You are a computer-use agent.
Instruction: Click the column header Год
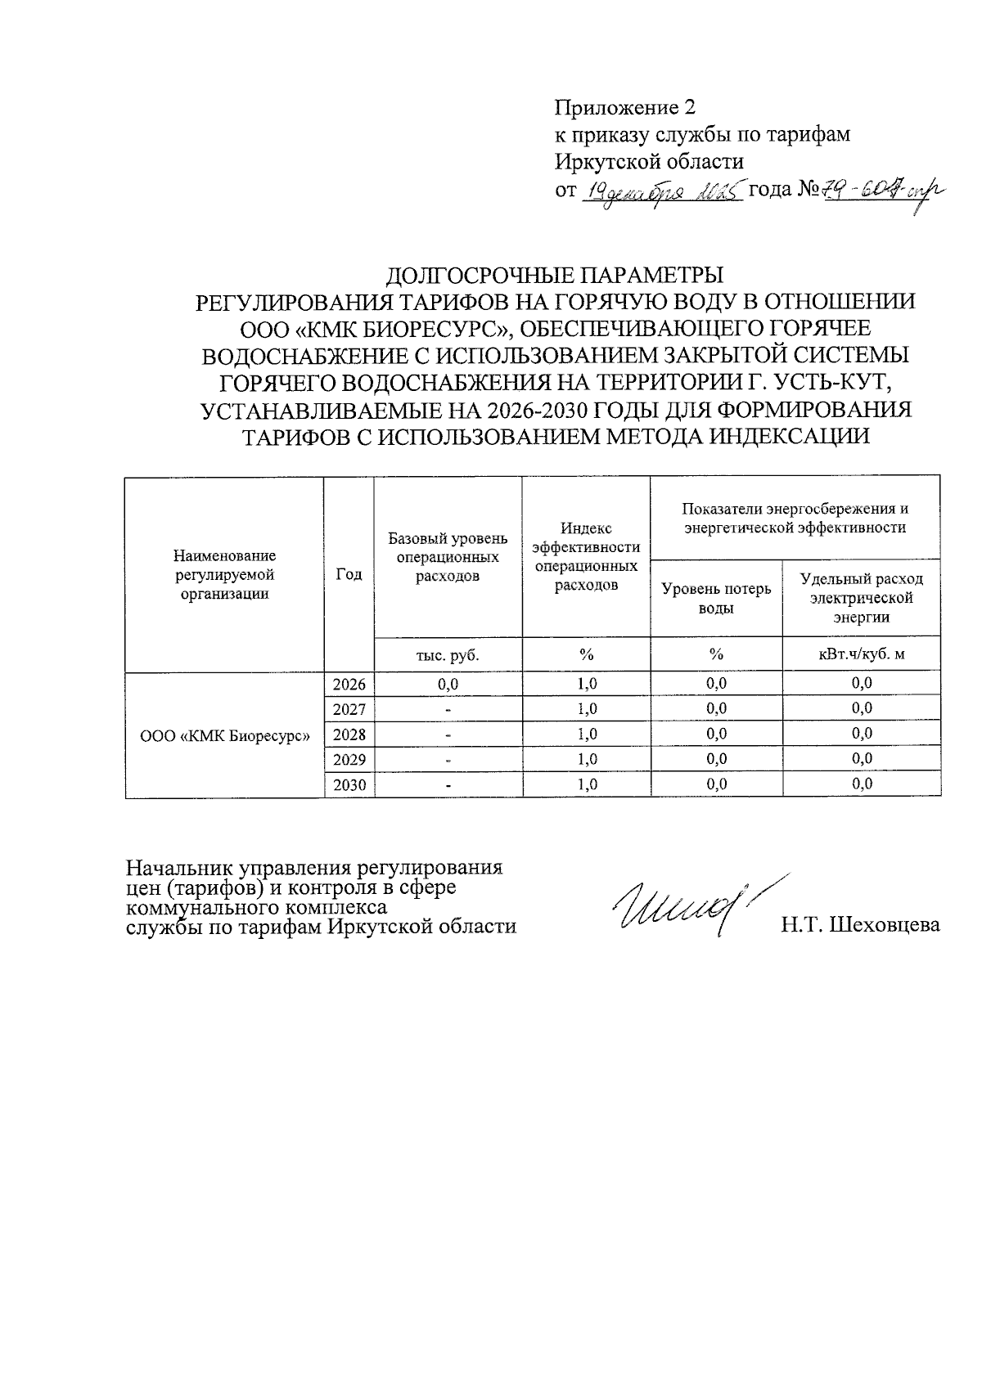[349, 574]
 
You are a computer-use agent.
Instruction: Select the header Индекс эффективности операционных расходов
[586, 557]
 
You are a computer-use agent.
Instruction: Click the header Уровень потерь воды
[716, 598]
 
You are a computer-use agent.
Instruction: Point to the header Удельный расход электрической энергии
[862, 598]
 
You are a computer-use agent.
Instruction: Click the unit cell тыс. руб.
[448, 655]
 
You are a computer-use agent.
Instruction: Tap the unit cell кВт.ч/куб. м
[862, 655]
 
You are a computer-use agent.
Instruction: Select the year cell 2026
[349, 684]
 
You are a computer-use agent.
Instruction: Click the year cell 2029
[349, 759]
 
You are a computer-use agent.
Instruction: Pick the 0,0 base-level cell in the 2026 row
[448, 684]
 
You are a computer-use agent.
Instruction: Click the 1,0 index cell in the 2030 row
[586, 784]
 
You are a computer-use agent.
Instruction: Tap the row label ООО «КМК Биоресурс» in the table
[225, 735]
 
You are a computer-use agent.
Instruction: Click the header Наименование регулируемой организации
[225, 575]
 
